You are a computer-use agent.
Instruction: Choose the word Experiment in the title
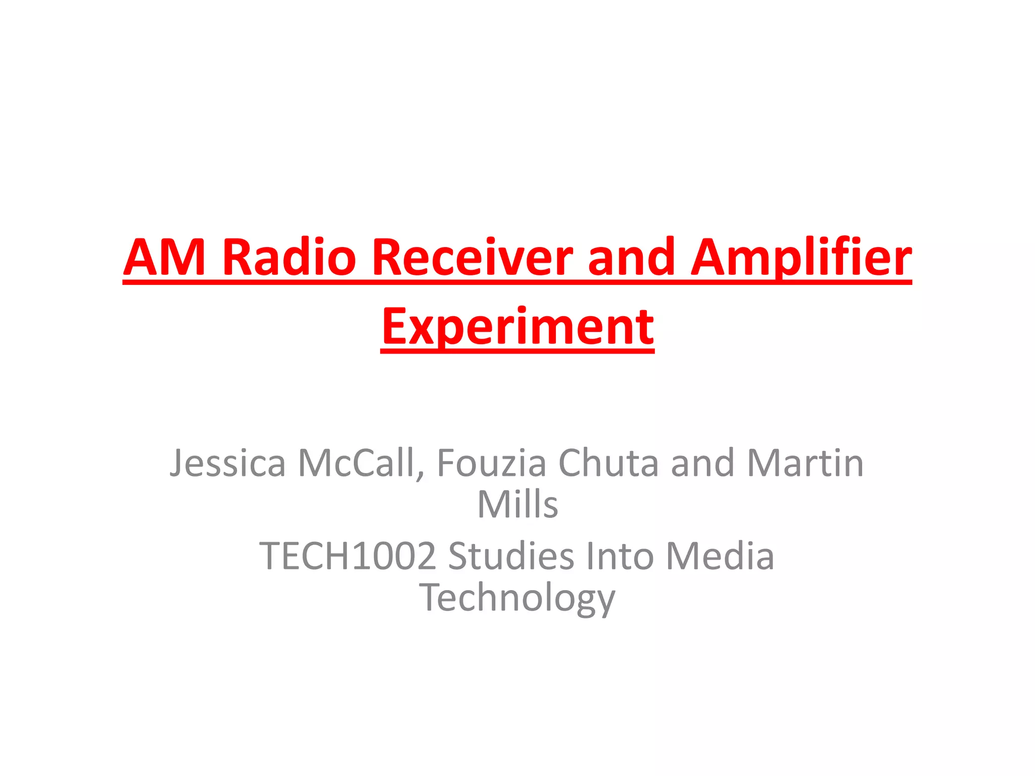coord(517,327)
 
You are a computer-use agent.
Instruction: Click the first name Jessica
coord(227,463)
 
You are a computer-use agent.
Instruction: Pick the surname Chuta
coord(608,463)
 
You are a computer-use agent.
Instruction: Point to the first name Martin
coord(805,463)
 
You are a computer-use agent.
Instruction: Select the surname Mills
coord(517,504)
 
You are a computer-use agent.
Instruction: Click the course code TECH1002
coord(348,556)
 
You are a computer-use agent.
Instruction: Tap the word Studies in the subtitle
coord(510,556)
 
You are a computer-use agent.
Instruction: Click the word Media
coord(720,556)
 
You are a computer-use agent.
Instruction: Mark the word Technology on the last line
coord(517,598)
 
